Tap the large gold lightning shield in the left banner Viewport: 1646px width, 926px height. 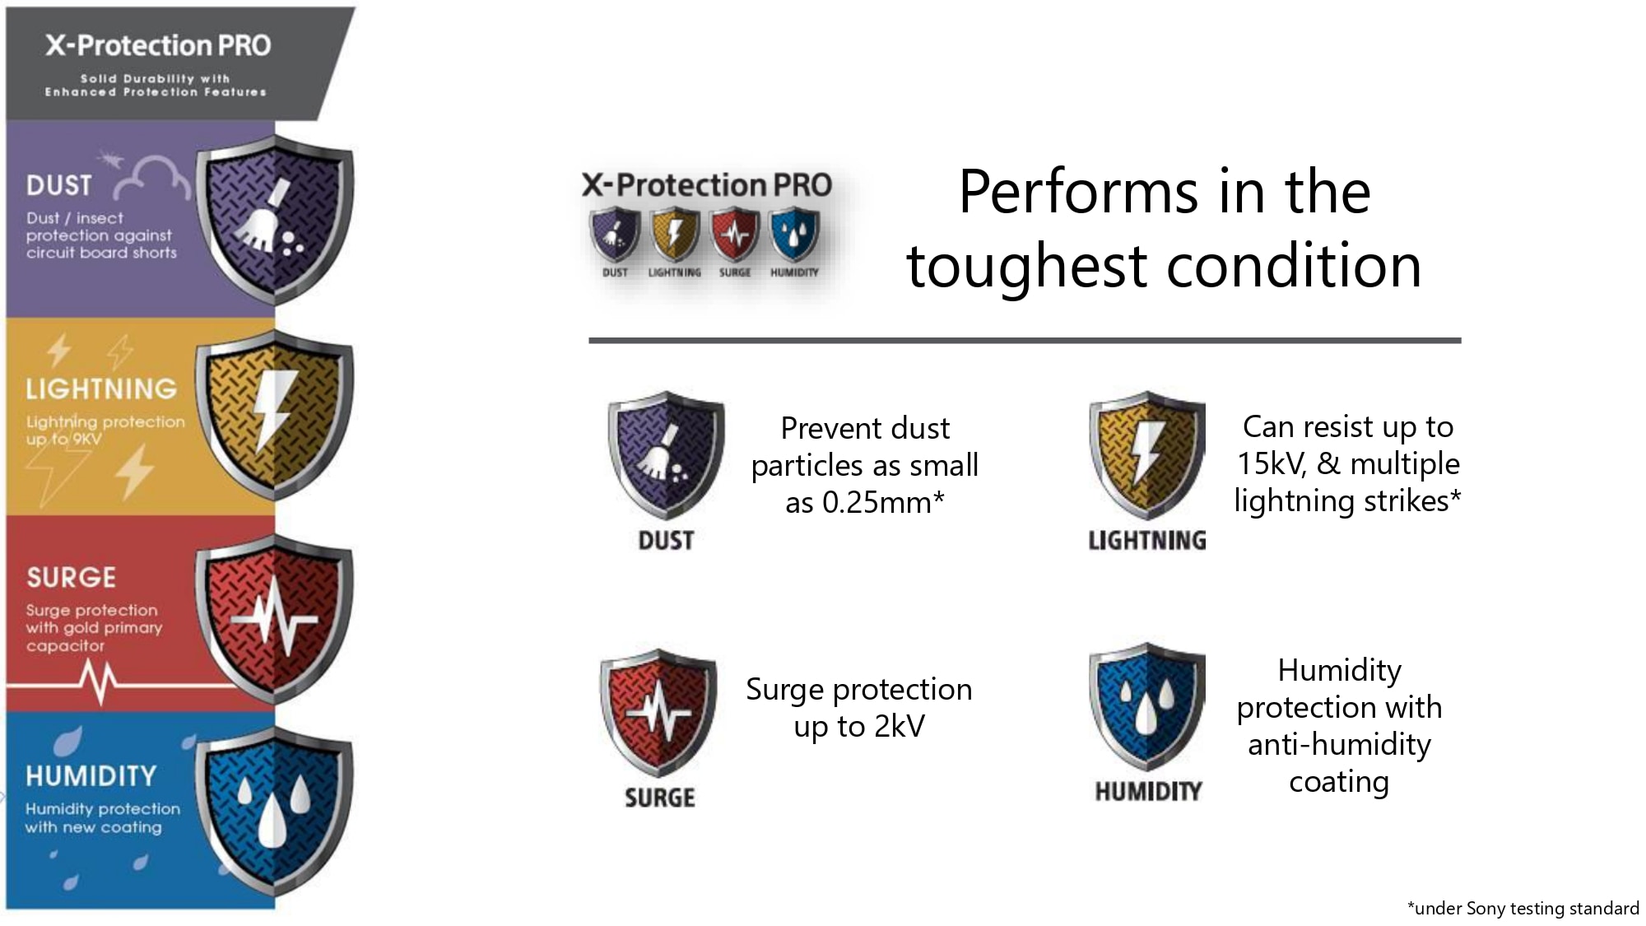tap(275, 416)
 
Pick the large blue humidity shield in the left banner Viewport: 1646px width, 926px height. tap(275, 811)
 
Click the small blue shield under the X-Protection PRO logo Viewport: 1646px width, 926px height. tap(794, 235)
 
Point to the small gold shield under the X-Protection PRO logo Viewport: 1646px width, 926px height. tap(675, 235)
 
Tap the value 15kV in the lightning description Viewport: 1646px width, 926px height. tap(1272, 464)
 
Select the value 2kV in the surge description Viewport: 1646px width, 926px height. tap(900, 726)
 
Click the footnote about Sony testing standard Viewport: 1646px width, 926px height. tap(1523, 908)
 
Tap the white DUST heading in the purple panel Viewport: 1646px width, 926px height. tap(58, 185)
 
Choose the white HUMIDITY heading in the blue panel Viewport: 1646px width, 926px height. tap(91, 775)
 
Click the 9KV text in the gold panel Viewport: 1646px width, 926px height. tap(86, 440)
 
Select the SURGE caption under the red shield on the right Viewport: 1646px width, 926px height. tap(660, 798)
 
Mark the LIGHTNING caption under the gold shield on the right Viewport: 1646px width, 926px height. tap(1147, 540)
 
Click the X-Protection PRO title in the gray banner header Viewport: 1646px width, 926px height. tap(157, 45)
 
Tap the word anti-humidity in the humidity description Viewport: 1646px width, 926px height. tap(1339, 745)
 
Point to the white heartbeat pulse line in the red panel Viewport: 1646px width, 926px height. tap(99, 683)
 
